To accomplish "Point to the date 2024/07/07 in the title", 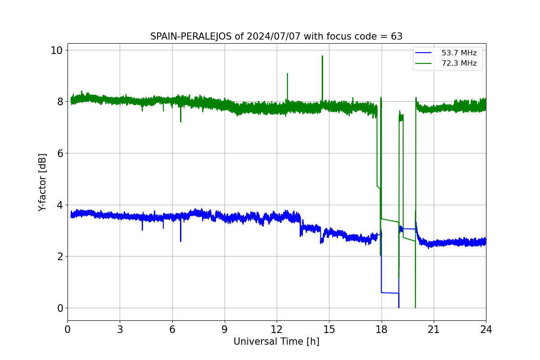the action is click(x=274, y=36).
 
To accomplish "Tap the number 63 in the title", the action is click(x=396, y=36).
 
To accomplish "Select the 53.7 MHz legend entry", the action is click(x=446, y=53).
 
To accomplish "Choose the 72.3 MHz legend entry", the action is click(x=446, y=63).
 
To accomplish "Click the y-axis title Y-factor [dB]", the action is click(x=42, y=183).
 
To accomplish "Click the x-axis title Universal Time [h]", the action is click(x=276, y=342).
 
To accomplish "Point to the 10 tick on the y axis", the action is click(x=56, y=50).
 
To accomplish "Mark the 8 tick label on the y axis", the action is click(x=60, y=102).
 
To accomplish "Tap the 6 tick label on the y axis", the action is click(x=60, y=153).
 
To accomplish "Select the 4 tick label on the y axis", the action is click(x=60, y=205).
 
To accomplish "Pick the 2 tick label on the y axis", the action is click(x=60, y=256).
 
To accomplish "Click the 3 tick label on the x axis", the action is click(x=120, y=329).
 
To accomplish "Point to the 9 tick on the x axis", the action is click(x=225, y=329).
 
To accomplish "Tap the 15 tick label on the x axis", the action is click(x=329, y=329).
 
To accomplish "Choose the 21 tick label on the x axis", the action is click(x=434, y=329).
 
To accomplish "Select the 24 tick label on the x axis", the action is click(x=486, y=329).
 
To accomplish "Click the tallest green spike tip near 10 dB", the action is click(x=322, y=56).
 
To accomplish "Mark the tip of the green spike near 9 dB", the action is click(x=288, y=73).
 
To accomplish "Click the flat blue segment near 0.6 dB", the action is click(x=390, y=293).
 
